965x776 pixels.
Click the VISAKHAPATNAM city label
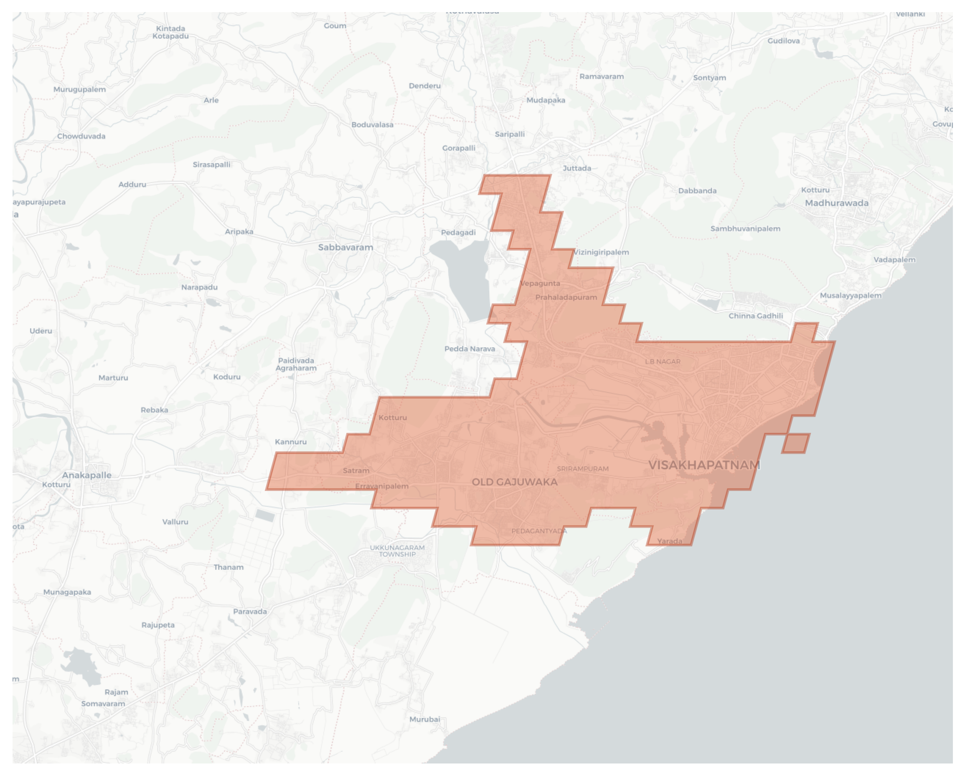pyautogui.click(x=703, y=465)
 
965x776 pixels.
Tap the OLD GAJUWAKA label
pyautogui.click(x=515, y=482)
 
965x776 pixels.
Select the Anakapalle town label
pyautogui.click(x=87, y=475)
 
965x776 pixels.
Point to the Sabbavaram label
pyautogui.click(x=345, y=248)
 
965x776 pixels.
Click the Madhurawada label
pyautogui.click(x=836, y=203)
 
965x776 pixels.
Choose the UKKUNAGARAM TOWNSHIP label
pyautogui.click(x=397, y=551)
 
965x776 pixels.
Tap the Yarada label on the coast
pyautogui.click(x=670, y=541)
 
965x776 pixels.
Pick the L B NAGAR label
pyautogui.click(x=663, y=361)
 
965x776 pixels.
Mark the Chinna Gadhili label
pyautogui.click(x=756, y=316)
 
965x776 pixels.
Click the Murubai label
pyautogui.click(x=425, y=719)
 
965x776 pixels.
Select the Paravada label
pyautogui.click(x=250, y=612)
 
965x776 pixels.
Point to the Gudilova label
pyautogui.click(x=783, y=41)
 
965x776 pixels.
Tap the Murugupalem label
pyautogui.click(x=80, y=89)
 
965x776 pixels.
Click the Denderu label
pyautogui.click(x=424, y=86)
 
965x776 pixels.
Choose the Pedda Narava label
pyautogui.click(x=470, y=349)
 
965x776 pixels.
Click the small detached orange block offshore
pyautogui.click(x=796, y=443)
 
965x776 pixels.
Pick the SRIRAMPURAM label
pyautogui.click(x=582, y=469)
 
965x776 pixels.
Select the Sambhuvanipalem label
pyautogui.click(x=745, y=229)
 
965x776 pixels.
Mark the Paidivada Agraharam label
pyautogui.click(x=296, y=364)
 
